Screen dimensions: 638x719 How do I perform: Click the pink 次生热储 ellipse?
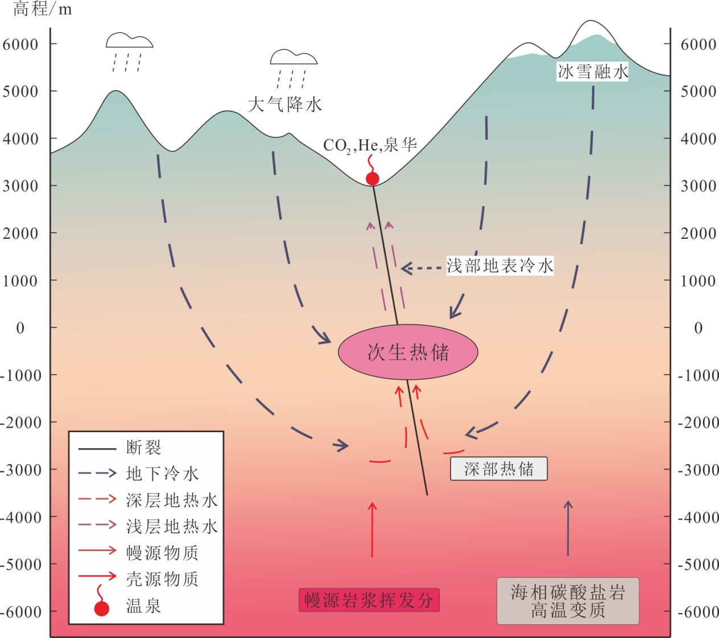click(408, 352)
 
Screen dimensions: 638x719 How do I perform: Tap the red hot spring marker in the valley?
click(373, 179)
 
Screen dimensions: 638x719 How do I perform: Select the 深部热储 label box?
click(498, 469)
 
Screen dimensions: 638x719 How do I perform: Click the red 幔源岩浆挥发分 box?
click(369, 600)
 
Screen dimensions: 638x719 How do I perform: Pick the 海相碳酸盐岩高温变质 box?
click(568, 601)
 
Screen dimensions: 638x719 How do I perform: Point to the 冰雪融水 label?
click(592, 72)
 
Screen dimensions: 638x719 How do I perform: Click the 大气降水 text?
click(285, 105)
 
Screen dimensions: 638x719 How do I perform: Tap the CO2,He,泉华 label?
click(370, 146)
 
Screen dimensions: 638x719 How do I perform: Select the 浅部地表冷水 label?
click(499, 266)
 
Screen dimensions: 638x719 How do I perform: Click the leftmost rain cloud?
click(129, 41)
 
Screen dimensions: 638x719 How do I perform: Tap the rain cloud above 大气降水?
click(293, 57)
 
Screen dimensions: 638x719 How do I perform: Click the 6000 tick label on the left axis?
click(20, 44)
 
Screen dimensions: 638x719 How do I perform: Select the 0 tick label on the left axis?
click(20, 328)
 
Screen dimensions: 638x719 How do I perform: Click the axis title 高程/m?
click(43, 9)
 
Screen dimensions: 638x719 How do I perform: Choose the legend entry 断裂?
click(143, 448)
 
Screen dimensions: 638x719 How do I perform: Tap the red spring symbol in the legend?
click(101, 607)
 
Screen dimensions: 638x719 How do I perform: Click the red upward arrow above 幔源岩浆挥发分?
click(373, 529)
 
